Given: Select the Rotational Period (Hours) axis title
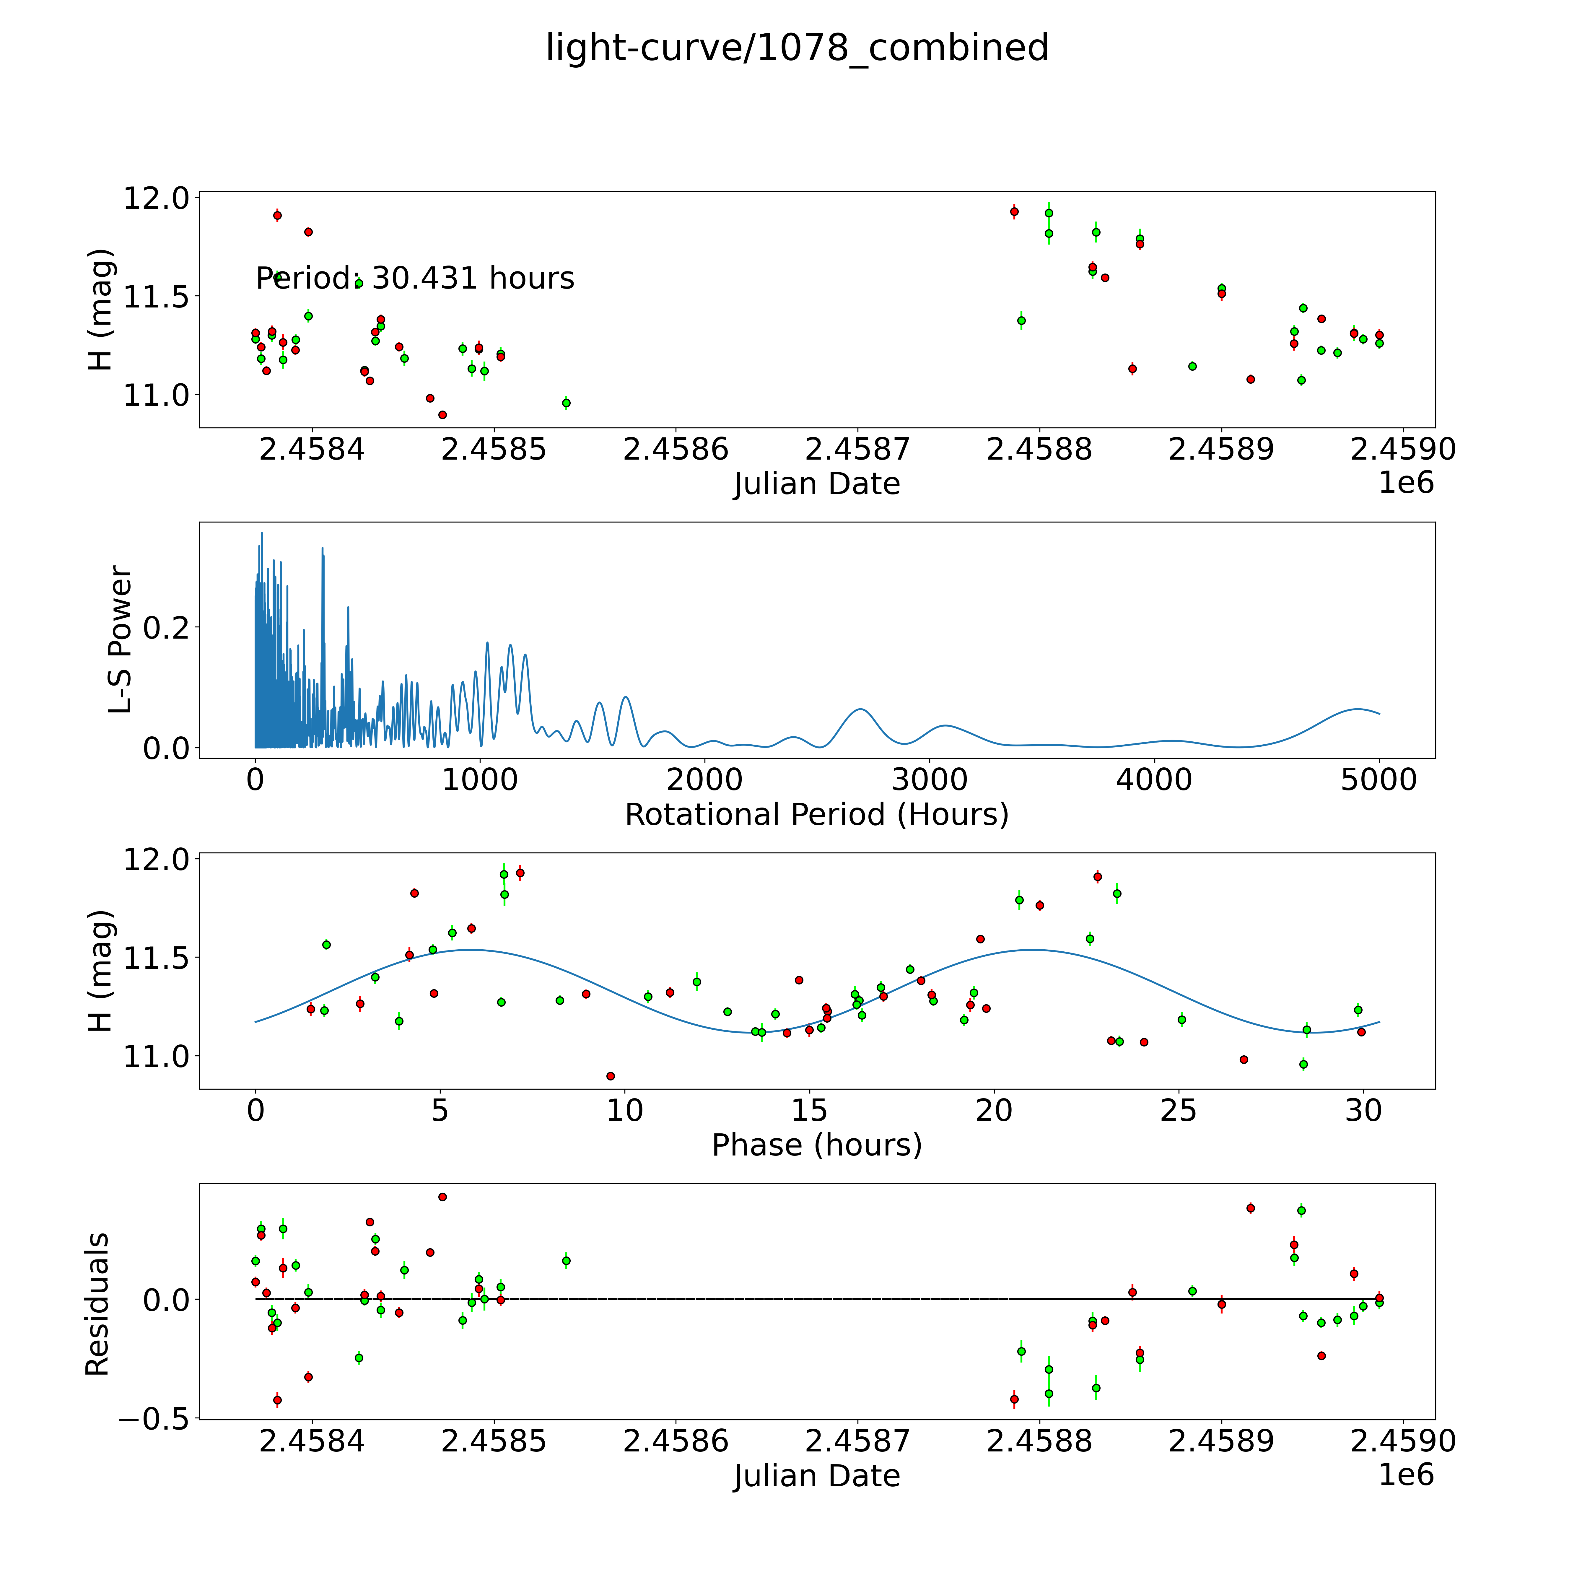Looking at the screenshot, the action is (816, 815).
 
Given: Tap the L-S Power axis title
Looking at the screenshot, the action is (121, 640).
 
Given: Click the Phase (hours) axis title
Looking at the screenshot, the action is (816, 1145).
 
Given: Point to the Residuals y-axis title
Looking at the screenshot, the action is (97, 1304).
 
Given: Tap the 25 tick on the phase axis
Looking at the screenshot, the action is (1178, 1110).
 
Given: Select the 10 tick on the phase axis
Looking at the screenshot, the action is (625, 1110).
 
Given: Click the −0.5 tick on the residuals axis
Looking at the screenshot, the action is (154, 1419).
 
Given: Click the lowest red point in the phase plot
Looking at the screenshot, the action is (610, 1076).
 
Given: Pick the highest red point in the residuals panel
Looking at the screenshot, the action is (442, 1196).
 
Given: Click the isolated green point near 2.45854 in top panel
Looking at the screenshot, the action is (566, 403).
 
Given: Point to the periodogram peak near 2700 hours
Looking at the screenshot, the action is (861, 709).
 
